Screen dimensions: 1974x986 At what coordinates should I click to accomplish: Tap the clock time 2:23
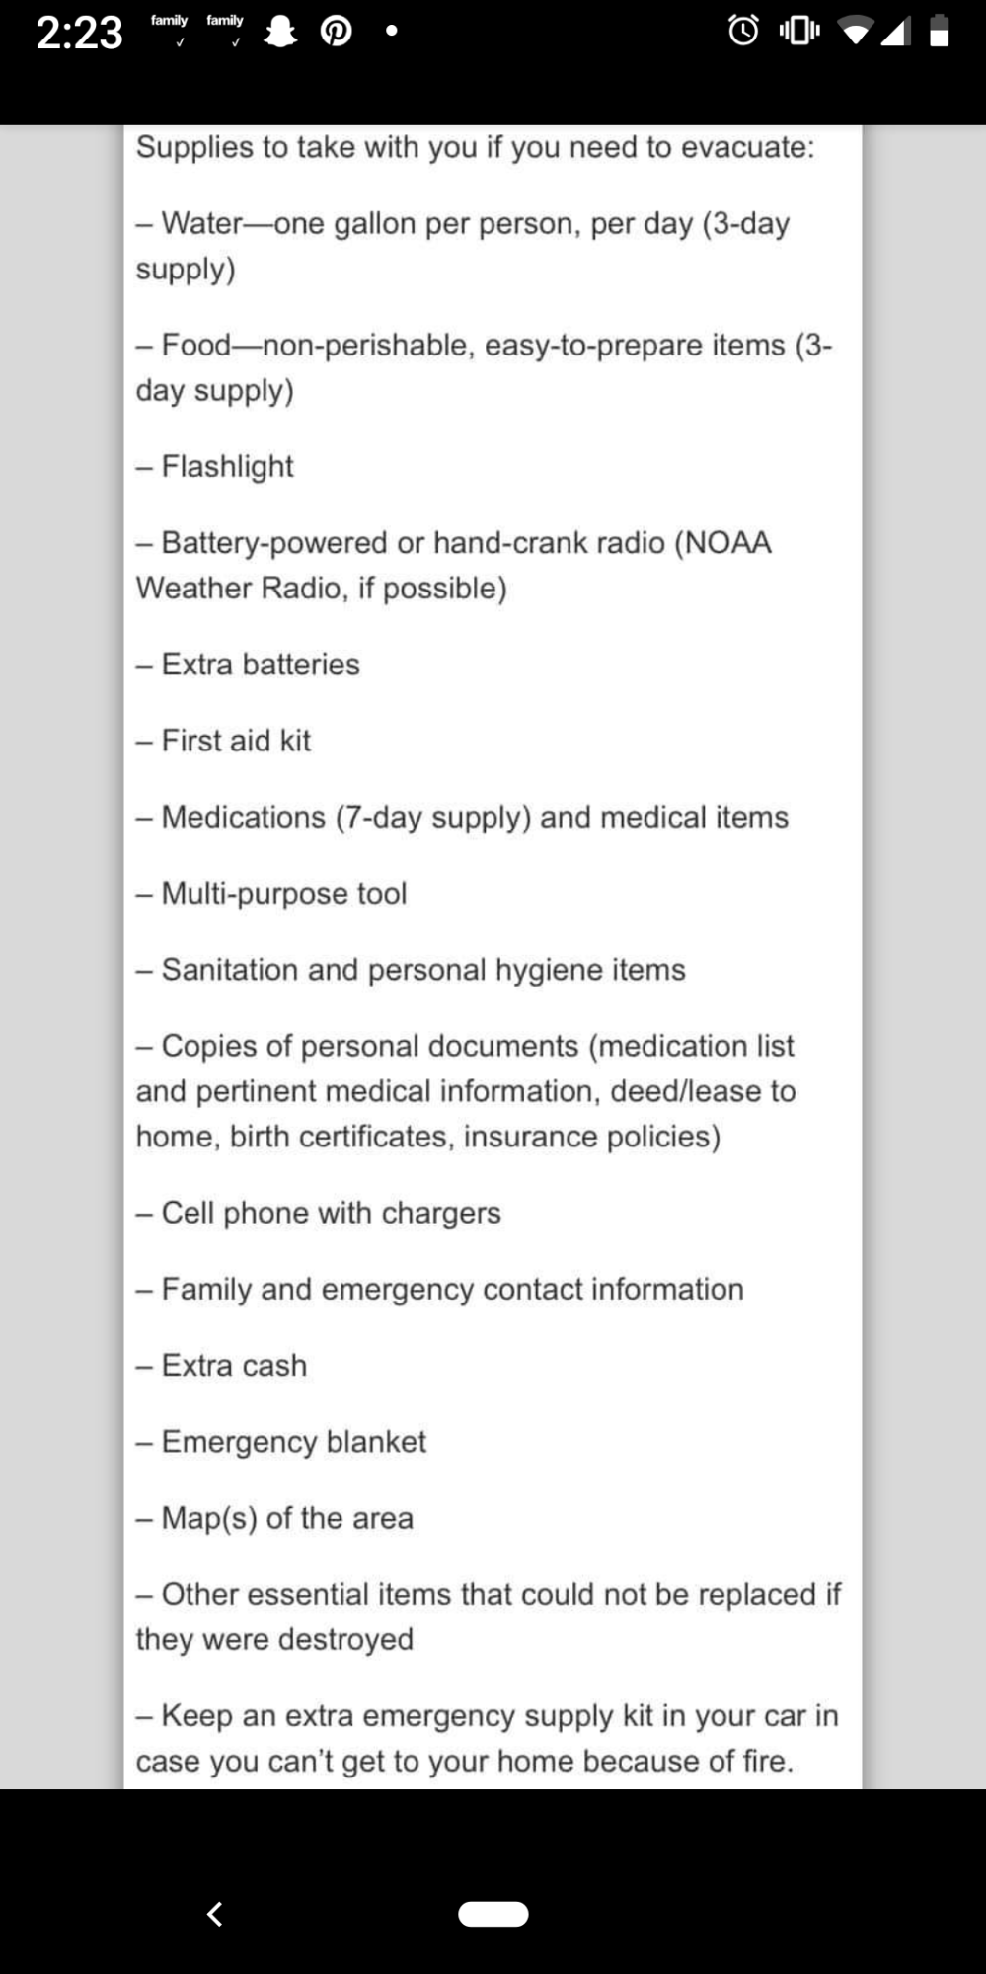point(79,33)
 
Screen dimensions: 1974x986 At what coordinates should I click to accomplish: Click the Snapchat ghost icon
point(281,33)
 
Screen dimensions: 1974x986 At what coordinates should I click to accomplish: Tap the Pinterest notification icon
point(336,33)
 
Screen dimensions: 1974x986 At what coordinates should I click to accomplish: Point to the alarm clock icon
point(743,32)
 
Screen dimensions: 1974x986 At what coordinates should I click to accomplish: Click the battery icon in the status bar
point(940,32)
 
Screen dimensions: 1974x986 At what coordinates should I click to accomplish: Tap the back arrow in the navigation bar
point(214,1914)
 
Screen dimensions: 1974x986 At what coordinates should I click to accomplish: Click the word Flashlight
point(227,466)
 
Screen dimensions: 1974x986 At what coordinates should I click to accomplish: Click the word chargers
point(441,1213)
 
